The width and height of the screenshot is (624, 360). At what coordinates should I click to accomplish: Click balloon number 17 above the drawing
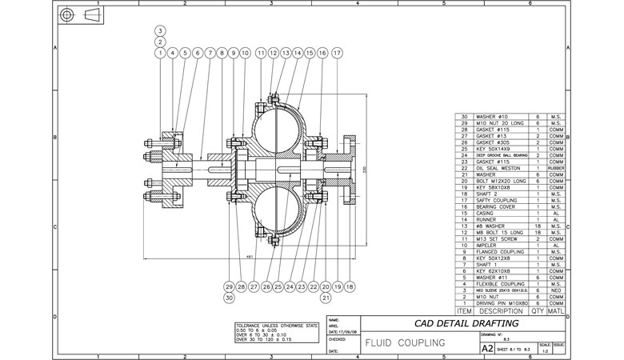coord(338,53)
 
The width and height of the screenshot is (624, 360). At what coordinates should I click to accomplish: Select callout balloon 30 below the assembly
coord(230,298)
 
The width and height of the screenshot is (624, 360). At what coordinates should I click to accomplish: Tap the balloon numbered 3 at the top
coord(161,30)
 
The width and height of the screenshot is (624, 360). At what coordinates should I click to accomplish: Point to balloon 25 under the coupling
coord(278,286)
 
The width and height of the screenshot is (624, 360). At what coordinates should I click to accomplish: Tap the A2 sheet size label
coord(487,349)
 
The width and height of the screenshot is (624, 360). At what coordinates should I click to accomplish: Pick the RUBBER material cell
coord(557,169)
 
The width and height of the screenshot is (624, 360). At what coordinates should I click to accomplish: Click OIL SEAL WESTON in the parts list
coord(498,169)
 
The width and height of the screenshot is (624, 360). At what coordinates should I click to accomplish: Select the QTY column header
coord(538,310)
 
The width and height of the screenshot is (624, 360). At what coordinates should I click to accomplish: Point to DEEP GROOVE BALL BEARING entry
coord(502,155)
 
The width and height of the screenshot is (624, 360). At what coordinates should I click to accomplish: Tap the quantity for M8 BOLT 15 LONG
coord(538,233)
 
